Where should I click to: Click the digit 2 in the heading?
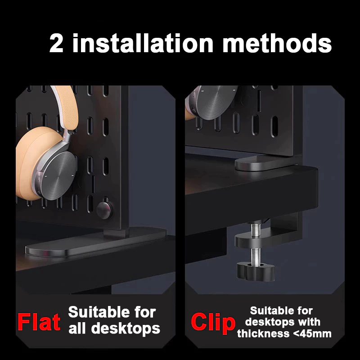56,44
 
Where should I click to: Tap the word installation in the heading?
143,43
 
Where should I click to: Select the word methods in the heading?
277,43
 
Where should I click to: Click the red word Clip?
213,323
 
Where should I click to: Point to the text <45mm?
312,333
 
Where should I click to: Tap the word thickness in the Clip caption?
264,333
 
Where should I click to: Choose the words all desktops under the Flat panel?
114,329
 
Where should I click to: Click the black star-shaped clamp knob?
256,272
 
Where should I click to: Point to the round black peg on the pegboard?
105,210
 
